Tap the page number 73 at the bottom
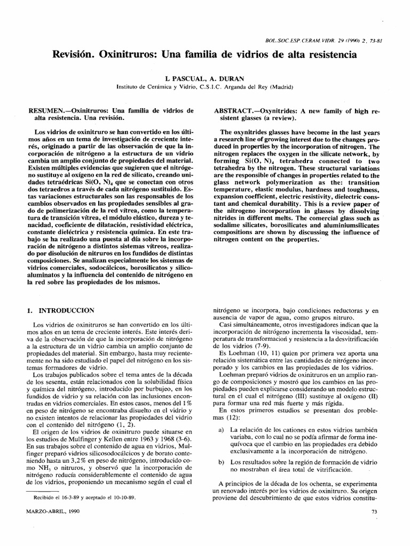coord(373,527)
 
